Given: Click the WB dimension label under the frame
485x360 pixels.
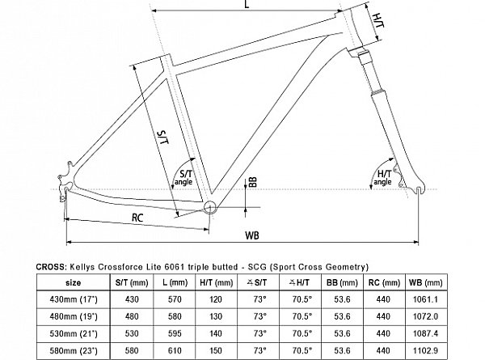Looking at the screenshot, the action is coord(251,235).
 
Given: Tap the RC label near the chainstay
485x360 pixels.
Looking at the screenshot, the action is coord(137,218).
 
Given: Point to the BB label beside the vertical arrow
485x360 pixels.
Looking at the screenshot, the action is coord(253,182).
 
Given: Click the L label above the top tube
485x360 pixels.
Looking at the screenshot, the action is coord(247,4).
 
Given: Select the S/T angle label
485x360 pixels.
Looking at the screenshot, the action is coord(184,177).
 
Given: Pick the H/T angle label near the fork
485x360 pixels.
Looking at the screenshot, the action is coord(383,177).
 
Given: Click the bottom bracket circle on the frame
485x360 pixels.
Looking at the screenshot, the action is coord(209,207).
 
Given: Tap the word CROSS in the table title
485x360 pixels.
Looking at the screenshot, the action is coord(50,267).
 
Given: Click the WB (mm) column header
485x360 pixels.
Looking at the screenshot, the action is coord(426,282).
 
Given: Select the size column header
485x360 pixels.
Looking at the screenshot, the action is coord(74,282).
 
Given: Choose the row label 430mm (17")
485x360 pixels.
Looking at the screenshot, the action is coord(74,299).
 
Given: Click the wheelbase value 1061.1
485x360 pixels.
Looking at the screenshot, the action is coord(426,299).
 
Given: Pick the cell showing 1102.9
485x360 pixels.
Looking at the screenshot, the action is coord(426,350).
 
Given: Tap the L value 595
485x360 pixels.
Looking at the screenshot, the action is coord(175,333).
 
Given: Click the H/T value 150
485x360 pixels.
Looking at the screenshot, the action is coord(216,350).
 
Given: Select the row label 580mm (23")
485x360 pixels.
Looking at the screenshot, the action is coord(74,350).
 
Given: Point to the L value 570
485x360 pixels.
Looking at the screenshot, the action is coord(175,299).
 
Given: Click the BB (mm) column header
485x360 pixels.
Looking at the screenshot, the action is coord(342,282).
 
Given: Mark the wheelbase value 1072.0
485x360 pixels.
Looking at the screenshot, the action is coord(426,316).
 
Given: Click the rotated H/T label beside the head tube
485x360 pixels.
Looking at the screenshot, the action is coord(378,21).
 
